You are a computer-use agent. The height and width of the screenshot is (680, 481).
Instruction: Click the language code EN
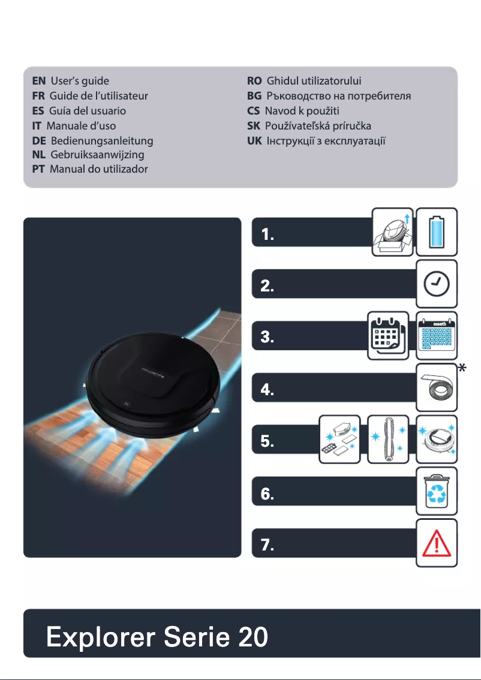coord(39,80)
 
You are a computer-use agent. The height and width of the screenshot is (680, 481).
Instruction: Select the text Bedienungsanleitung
coord(102,141)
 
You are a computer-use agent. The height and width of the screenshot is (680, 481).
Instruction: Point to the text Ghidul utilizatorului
coord(314,80)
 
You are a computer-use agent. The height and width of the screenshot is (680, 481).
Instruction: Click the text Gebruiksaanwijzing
coord(97,155)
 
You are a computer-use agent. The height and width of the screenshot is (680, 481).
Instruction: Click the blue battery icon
coord(437,232)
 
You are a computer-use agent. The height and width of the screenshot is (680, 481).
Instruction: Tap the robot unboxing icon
coord(392,232)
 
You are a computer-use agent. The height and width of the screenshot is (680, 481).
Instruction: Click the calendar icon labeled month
coord(437,336)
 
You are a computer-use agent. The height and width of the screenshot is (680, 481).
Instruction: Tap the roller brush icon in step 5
coord(388,440)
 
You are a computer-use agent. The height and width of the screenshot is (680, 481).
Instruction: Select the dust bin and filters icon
coord(339,440)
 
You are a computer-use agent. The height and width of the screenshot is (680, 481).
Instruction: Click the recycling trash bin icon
coord(437,492)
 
